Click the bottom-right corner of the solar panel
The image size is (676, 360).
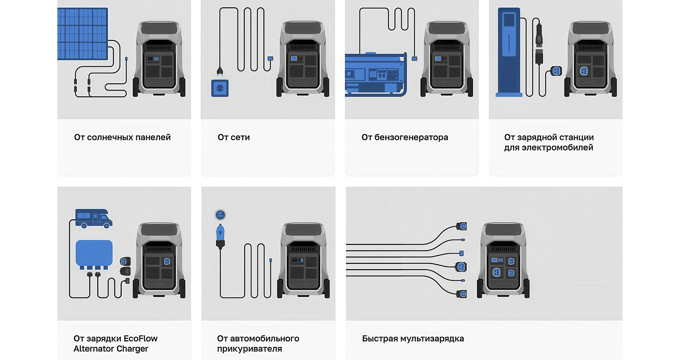click(108, 60)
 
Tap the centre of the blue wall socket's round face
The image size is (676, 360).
click(220, 88)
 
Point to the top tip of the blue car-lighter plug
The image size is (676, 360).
click(220, 224)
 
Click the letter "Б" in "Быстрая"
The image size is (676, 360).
click(365, 339)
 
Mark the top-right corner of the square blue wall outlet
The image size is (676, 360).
click(228, 80)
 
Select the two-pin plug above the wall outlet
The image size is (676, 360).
click(220, 72)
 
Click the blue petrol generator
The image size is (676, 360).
click(376, 74)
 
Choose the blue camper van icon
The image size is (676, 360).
click(93, 218)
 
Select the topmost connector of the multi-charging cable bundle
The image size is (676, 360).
click(462, 226)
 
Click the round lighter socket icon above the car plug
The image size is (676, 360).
click(220, 215)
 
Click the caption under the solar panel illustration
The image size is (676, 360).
click(122, 137)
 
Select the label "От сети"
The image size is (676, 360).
click(234, 137)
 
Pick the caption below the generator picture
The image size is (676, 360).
click(405, 137)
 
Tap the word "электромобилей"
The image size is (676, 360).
click(557, 148)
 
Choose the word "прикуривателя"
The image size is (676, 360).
click(250, 349)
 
